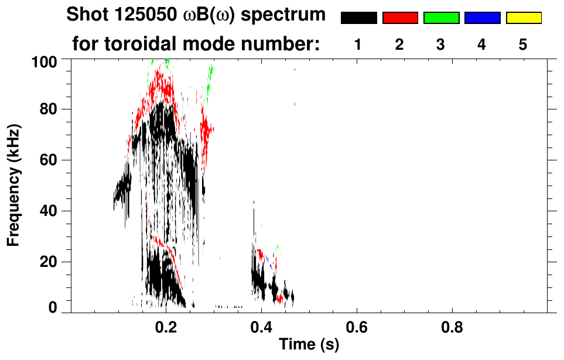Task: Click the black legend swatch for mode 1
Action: (x=359, y=18)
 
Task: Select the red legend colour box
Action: (x=400, y=18)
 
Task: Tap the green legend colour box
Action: (x=441, y=18)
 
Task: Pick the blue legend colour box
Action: (x=482, y=18)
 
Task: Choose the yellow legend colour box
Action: (x=523, y=18)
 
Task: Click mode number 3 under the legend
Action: (x=440, y=44)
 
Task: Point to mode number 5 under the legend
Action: (x=523, y=44)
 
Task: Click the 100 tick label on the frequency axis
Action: (x=44, y=61)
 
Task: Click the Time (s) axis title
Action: (x=309, y=345)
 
